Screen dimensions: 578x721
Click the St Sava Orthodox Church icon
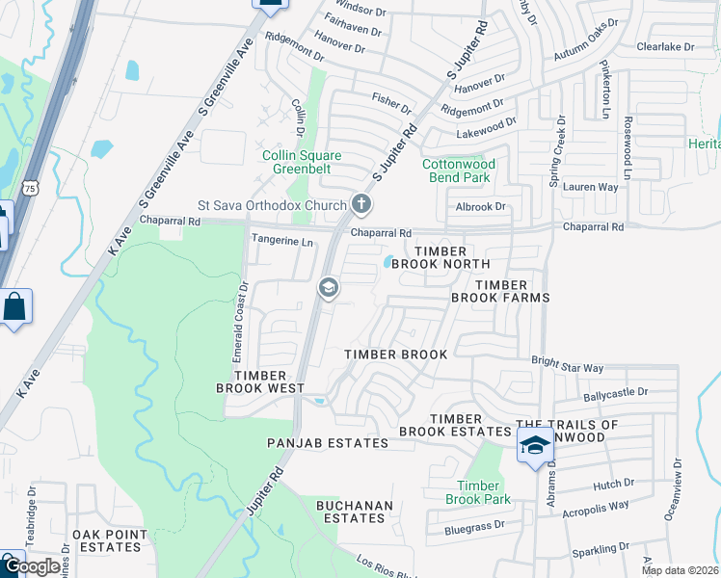coord(360,203)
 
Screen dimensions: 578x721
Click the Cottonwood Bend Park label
coord(459,171)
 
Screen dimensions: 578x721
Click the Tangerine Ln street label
coord(282,241)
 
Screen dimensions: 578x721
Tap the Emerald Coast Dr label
coord(242,316)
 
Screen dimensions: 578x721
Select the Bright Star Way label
coord(567,368)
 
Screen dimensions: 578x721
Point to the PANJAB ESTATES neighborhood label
coord(328,443)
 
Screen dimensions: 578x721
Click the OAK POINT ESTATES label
coord(110,541)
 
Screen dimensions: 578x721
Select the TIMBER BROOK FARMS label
coord(500,291)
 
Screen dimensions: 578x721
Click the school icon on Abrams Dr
coord(535,445)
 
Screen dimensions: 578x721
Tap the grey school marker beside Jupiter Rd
coord(328,287)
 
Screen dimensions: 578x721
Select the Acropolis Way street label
coord(596,505)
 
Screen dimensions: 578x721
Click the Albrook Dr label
coord(481,207)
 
